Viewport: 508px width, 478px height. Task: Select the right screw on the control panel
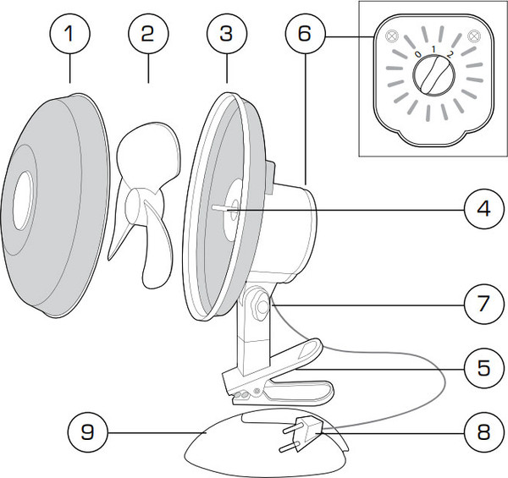[474, 36]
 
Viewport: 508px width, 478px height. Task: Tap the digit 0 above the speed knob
[417, 54]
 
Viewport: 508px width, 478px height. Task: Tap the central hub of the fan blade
[136, 206]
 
